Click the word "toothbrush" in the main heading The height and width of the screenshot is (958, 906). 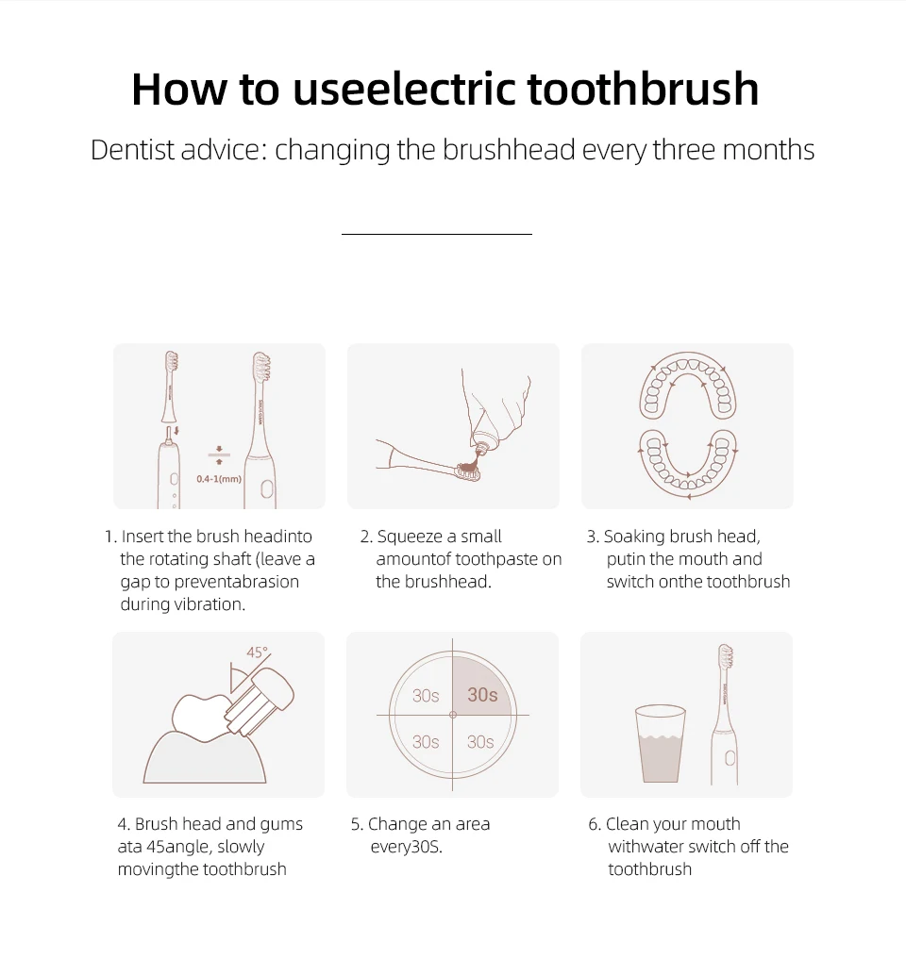point(643,89)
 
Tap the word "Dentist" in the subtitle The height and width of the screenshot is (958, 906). point(132,150)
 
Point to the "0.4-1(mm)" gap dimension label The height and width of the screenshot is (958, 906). point(219,479)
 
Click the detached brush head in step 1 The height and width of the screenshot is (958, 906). point(170,387)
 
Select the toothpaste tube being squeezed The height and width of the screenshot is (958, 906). point(495,409)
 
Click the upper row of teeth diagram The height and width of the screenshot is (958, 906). point(688,387)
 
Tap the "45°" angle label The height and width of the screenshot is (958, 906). point(258,652)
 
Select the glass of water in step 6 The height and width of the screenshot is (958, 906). point(661,744)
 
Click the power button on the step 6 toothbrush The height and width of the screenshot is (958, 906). point(730,758)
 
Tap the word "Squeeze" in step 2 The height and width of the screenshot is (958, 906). point(410,537)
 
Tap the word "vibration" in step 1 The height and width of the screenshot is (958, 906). point(210,604)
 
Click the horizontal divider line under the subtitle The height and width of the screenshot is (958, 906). point(437,234)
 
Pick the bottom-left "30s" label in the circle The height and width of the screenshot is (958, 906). point(426,742)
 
